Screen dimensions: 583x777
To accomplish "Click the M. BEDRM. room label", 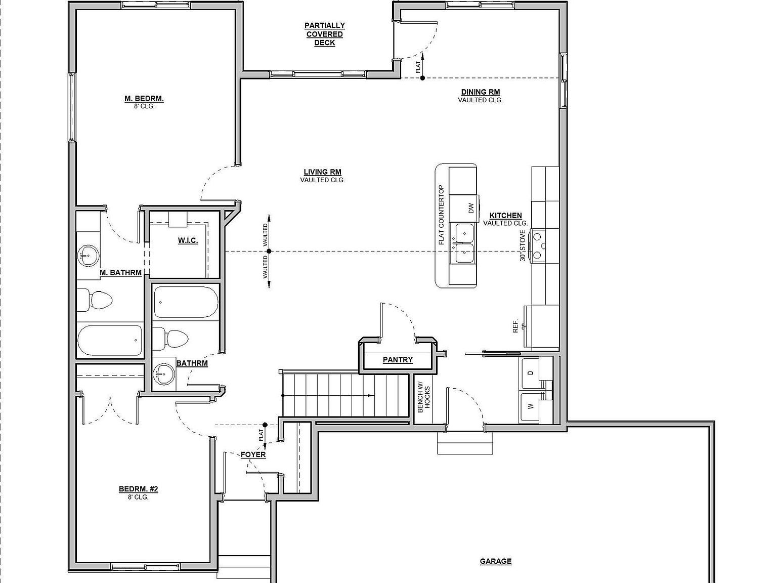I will point(144,99).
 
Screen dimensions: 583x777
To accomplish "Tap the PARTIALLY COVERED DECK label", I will point(325,34).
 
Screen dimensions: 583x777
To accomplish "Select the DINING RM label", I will point(480,92).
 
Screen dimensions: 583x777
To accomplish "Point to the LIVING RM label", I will point(322,172).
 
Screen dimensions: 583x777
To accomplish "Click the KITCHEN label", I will point(505,216).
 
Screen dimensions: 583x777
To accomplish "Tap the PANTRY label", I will point(398,360).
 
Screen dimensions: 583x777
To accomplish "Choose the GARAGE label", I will point(495,561).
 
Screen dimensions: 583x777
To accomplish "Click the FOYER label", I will point(253,455).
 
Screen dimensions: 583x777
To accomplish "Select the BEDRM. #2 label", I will point(138,489).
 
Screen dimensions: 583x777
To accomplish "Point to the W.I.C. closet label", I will point(188,240).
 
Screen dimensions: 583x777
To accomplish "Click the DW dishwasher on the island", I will point(470,208).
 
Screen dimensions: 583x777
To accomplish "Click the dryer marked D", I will point(530,373).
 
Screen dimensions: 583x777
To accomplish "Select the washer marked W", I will point(530,406).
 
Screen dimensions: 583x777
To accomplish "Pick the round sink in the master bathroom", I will point(88,256).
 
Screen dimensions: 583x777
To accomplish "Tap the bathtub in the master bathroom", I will point(109,341).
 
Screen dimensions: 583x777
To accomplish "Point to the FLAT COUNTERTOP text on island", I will point(441,215).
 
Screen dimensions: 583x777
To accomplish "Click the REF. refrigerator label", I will point(515,326).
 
